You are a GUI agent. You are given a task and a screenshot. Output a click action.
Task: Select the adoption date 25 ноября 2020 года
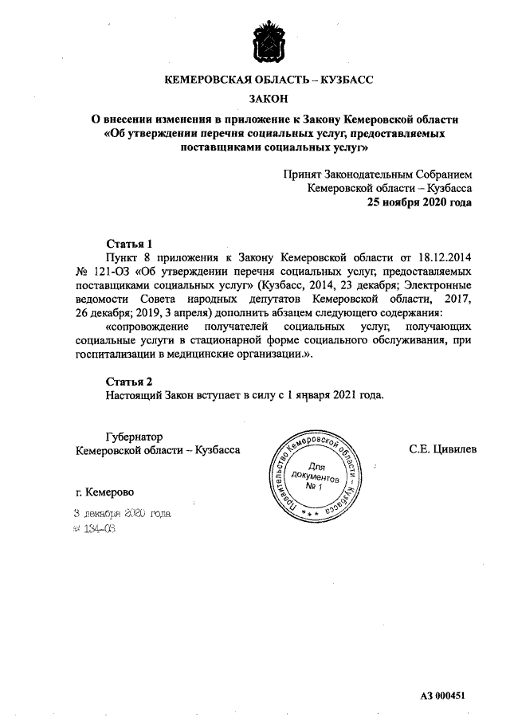pyautogui.click(x=419, y=202)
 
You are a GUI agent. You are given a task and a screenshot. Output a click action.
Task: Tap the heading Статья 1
pyautogui.click(x=128, y=243)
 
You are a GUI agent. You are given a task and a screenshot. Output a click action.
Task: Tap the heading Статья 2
pyautogui.click(x=128, y=379)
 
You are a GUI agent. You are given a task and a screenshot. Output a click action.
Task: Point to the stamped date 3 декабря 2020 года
pyautogui.click(x=122, y=514)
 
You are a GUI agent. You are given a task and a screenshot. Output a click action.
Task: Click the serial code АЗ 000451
pyautogui.click(x=442, y=696)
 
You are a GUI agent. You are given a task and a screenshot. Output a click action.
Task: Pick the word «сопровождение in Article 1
pyautogui.click(x=147, y=327)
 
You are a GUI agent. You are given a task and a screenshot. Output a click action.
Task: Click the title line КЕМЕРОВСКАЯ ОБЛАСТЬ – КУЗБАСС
pyautogui.click(x=268, y=80)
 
